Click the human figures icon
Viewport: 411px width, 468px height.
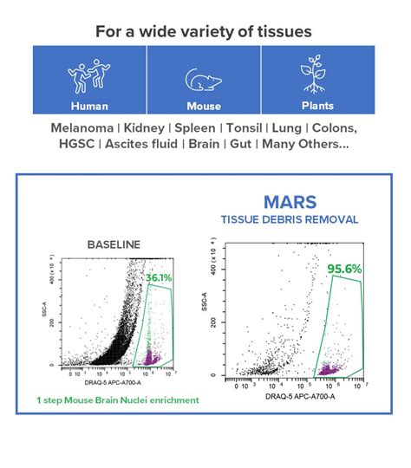pyautogui.click(x=89, y=75)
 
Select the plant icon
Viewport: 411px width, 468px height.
pyautogui.click(x=317, y=75)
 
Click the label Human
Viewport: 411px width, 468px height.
pyautogui.click(x=89, y=107)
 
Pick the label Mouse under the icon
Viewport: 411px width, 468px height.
pyautogui.click(x=204, y=107)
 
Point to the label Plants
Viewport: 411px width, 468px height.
pyautogui.click(x=317, y=107)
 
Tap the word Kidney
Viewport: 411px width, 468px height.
pyautogui.click(x=142, y=127)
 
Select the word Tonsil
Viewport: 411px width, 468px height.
pyautogui.click(x=240, y=127)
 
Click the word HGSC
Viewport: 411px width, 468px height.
pyautogui.click(x=75, y=144)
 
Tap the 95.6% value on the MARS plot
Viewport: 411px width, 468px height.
pyautogui.click(x=344, y=270)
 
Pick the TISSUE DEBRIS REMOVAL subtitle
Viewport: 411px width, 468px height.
pyautogui.click(x=290, y=219)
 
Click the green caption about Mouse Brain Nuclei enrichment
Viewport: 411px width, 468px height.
pyautogui.click(x=117, y=400)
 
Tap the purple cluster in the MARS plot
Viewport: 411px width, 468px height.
pyautogui.click(x=328, y=369)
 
